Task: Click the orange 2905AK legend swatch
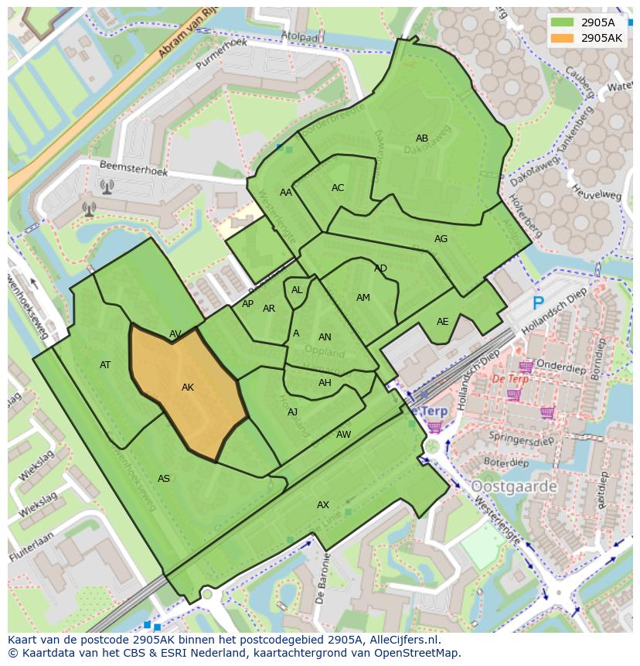click(x=563, y=38)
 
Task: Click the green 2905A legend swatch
click(x=563, y=22)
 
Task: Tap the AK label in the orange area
click(x=188, y=388)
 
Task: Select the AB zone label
click(x=422, y=138)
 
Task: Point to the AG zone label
click(x=441, y=239)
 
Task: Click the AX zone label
click(x=323, y=505)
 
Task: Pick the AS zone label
click(x=164, y=479)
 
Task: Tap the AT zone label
click(x=105, y=365)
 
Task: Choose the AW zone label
click(x=343, y=435)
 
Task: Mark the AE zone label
click(x=442, y=322)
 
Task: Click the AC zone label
click(x=338, y=188)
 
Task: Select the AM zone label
click(x=363, y=298)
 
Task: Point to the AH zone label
click(x=325, y=383)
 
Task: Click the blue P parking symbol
click(x=538, y=304)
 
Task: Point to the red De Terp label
click(x=510, y=380)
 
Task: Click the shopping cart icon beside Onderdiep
click(x=526, y=367)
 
